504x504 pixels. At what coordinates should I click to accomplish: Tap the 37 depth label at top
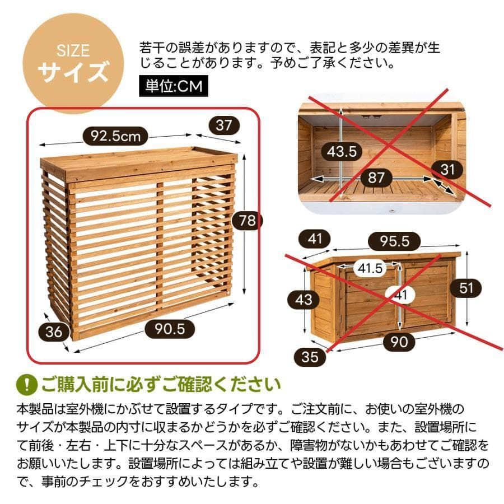pyautogui.click(x=223, y=125)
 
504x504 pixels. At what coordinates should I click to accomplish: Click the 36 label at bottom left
pyautogui.click(x=54, y=332)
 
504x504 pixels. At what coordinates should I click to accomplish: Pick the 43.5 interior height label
pyautogui.click(x=342, y=151)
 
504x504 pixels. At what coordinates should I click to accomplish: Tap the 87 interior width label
pyautogui.click(x=376, y=178)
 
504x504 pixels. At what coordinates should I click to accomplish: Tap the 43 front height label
pyautogui.click(x=304, y=300)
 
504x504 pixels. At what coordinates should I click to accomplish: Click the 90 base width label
pyautogui.click(x=399, y=341)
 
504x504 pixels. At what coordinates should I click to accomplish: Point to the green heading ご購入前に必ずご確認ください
pyautogui.click(x=160, y=385)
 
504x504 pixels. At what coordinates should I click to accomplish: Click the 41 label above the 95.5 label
pyautogui.click(x=316, y=239)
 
